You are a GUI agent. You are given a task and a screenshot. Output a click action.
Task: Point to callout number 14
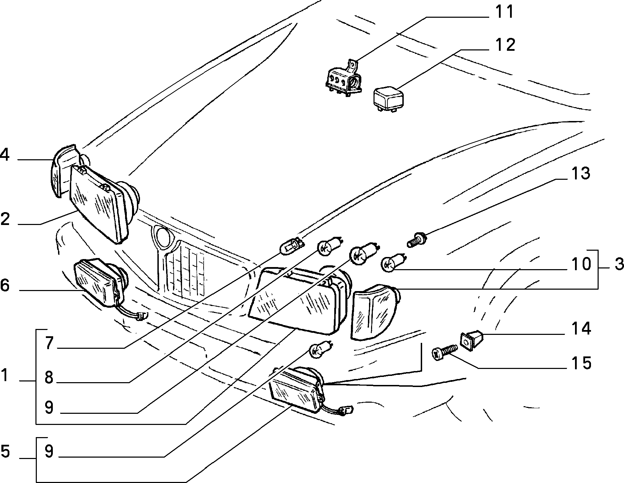point(580,328)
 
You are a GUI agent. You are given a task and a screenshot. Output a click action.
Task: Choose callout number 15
point(580,363)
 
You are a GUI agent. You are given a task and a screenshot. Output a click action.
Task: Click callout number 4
point(5,155)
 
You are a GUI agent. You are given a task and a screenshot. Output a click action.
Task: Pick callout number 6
point(5,285)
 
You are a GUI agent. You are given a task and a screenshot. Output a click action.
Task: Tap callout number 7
point(49,343)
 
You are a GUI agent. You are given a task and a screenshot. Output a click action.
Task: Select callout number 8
point(49,377)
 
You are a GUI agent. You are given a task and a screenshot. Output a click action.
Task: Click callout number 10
point(580,264)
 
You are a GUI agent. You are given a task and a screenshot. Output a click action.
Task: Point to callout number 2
point(5,219)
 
